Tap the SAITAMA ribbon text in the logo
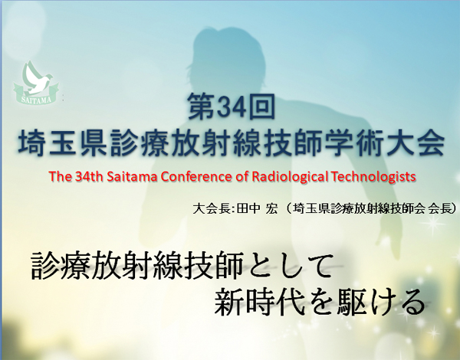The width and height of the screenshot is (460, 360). (36, 100)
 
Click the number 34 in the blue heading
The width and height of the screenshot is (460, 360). (232, 107)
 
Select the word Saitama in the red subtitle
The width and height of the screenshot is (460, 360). (132, 176)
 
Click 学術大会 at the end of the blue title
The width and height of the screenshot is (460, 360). (386, 142)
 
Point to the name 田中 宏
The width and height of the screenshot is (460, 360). (257, 209)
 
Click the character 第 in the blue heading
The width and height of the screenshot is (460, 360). (201, 107)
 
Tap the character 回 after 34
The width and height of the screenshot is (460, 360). (261, 107)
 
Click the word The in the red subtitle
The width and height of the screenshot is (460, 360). (59, 176)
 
